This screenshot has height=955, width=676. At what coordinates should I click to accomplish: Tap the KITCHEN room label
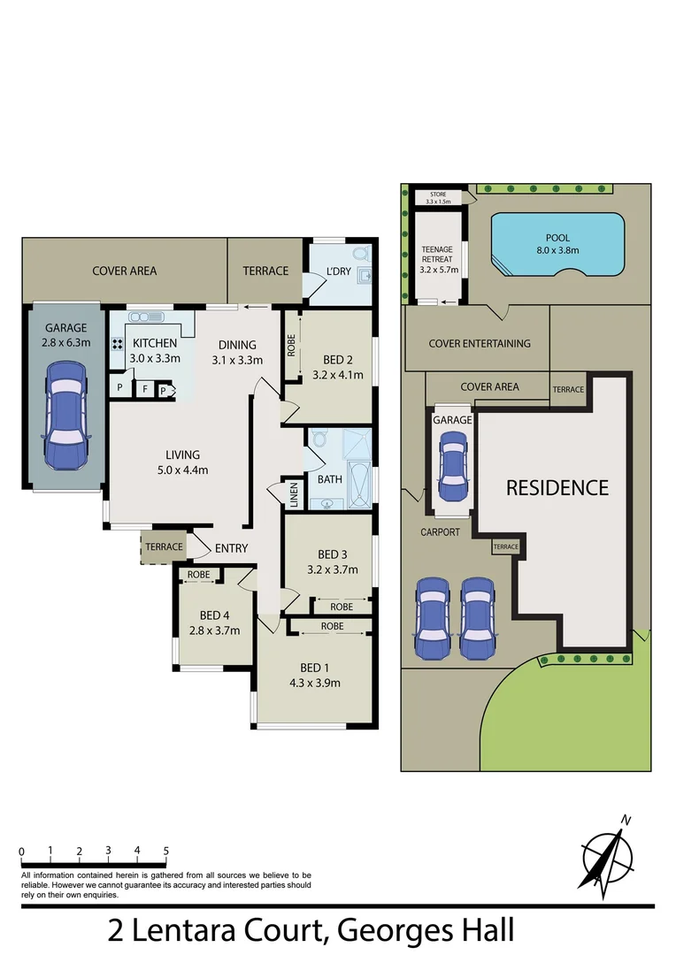[x=155, y=344]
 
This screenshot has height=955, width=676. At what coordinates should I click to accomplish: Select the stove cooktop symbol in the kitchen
[x=116, y=345]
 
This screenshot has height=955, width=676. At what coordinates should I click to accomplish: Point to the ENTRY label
[x=231, y=548]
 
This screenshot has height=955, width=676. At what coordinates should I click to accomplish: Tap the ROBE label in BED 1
[x=332, y=626]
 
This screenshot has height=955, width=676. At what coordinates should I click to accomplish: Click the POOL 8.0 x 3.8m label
[x=557, y=244]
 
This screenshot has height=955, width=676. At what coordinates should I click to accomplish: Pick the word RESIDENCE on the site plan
[x=557, y=487]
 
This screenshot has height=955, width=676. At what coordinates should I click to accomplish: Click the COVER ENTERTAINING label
[x=479, y=343]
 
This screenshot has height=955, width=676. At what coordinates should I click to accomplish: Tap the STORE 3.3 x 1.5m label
[x=438, y=197]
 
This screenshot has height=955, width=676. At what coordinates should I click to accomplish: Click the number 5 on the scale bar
[x=165, y=851]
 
